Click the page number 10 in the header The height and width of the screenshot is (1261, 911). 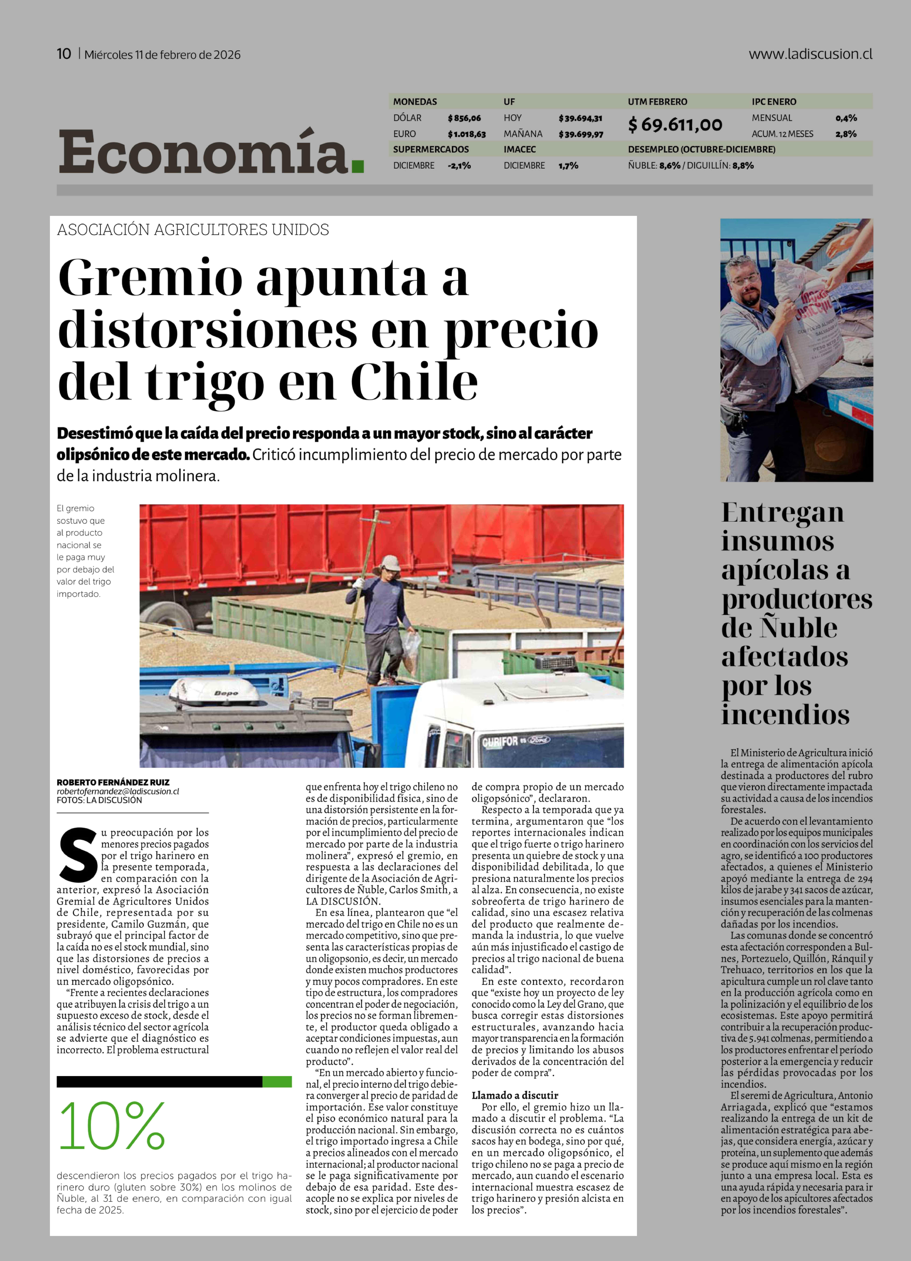click(x=64, y=54)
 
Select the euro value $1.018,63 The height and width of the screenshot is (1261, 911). click(x=467, y=134)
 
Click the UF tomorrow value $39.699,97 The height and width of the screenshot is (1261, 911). click(x=581, y=134)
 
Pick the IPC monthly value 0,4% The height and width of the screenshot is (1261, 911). click(x=845, y=118)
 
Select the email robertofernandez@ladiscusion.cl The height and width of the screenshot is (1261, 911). click(x=117, y=791)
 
